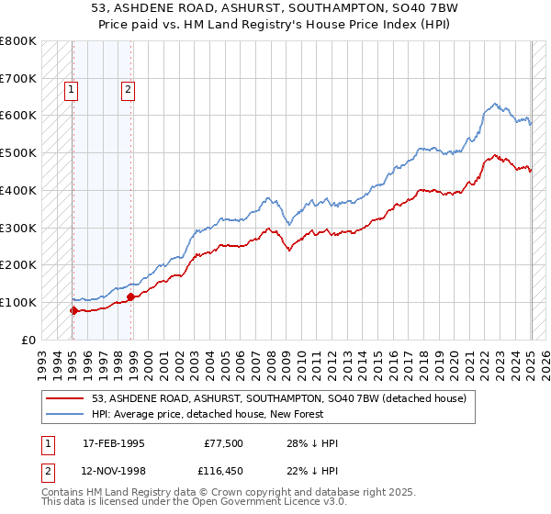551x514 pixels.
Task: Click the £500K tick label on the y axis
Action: (18, 152)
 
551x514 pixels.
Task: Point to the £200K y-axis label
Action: (18, 264)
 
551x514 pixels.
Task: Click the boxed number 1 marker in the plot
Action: (72, 90)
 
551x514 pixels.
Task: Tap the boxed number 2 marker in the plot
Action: (128, 90)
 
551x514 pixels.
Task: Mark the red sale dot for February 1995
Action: (73, 310)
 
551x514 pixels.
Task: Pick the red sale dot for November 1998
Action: (130, 296)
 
